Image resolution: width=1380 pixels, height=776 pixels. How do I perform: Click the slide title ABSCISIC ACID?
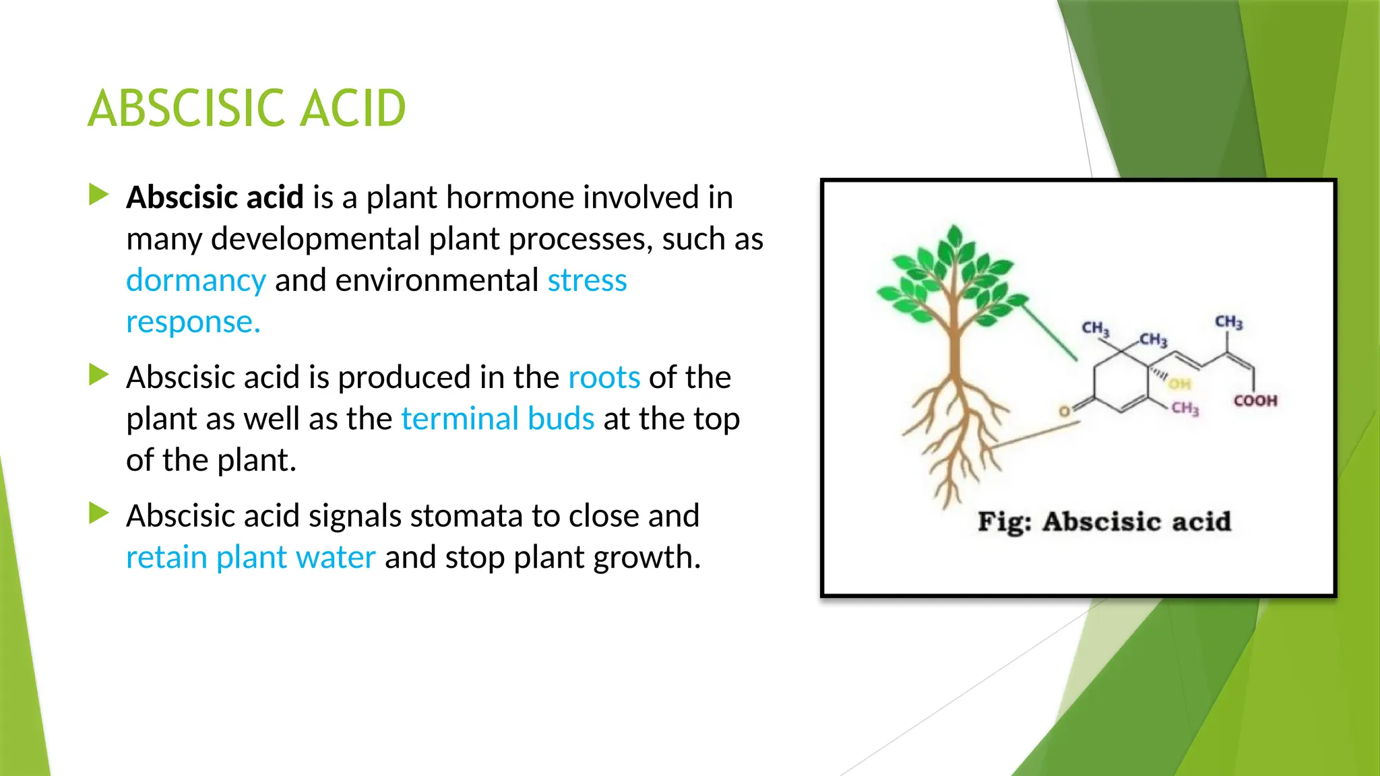(x=247, y=108)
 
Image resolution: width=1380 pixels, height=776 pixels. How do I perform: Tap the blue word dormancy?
(x=196, y=280)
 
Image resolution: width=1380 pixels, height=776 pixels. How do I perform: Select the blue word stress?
(x=587, y=280)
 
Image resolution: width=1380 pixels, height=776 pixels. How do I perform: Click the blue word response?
(x=193, y=322)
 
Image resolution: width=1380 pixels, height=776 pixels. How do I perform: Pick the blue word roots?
(x=604, y=377)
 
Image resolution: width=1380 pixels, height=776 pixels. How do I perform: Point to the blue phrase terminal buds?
(x=497, y=419)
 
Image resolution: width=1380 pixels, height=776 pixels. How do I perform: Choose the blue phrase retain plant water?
(x=251, y=558)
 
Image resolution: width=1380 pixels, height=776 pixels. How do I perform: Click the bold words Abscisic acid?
(x=215, y=197)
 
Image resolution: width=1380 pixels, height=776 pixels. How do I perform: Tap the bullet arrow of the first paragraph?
(x=99, y=195)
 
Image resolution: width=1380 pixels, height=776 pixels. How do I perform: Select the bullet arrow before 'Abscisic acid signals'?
(x=99, y=514)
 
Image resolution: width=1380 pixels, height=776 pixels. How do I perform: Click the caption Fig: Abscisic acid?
(x=1104, y=522)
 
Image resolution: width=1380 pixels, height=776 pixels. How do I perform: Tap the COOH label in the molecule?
(x=1255, y=401)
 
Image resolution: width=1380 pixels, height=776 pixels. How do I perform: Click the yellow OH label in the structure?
(x=1179, y=384)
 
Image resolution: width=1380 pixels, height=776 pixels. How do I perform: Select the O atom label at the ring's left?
(x=1064, y=411)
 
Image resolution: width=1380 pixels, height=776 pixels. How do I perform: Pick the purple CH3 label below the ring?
(x=1185, y=408)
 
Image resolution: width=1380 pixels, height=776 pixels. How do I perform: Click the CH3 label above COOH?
(x=1228, y=323)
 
